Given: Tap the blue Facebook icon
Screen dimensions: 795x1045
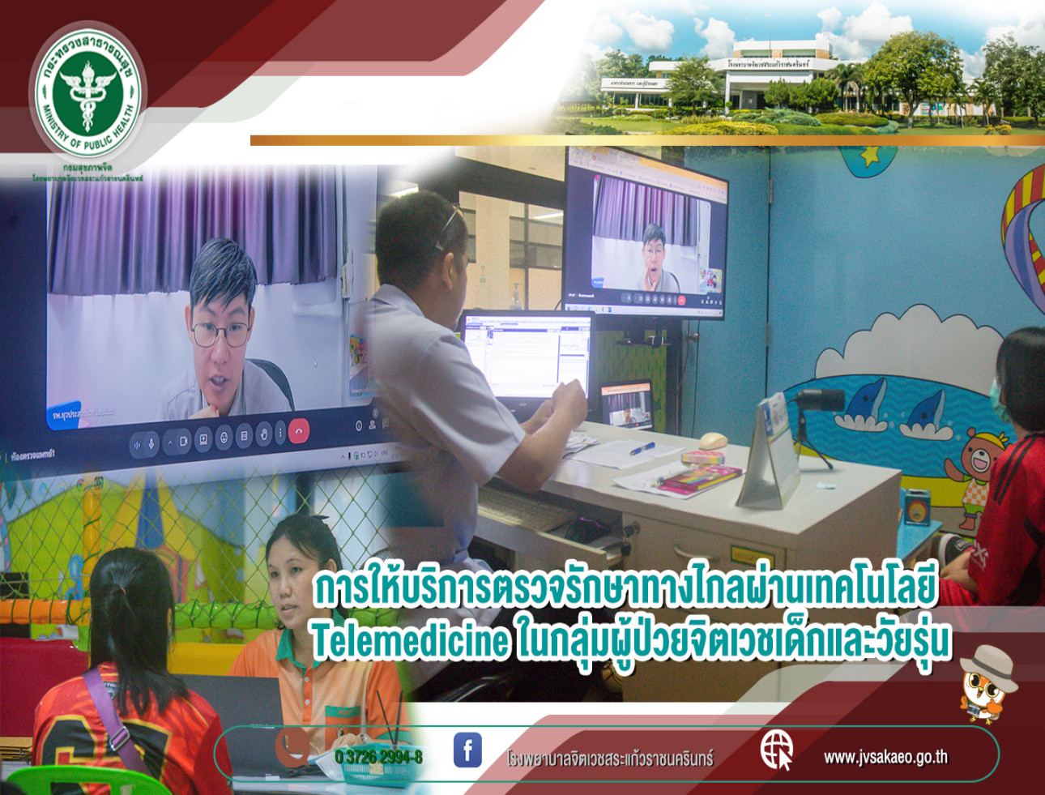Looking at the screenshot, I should tap(467, 750).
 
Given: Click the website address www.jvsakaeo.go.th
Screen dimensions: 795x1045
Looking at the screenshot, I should tap(885, 757).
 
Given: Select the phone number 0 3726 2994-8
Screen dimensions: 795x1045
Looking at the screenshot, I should tap(378, 757).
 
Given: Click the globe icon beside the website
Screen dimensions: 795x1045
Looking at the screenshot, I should tap(775, 749).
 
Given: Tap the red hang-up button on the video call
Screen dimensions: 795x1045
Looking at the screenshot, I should tap(298, 432).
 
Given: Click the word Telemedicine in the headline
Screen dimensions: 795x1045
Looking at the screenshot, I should tap(410, 642).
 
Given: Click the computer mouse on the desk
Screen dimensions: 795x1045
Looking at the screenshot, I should tap(712, 440).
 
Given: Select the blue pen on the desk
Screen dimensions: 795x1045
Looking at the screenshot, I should tap(642, 447).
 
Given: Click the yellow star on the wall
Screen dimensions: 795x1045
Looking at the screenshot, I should tap(868, 154).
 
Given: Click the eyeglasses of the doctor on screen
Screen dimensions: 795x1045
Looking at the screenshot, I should tap(220, 332).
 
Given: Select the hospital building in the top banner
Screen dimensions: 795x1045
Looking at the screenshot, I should tap(770, 81).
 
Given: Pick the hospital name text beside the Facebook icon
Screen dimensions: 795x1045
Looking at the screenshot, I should tap(609, 759).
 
